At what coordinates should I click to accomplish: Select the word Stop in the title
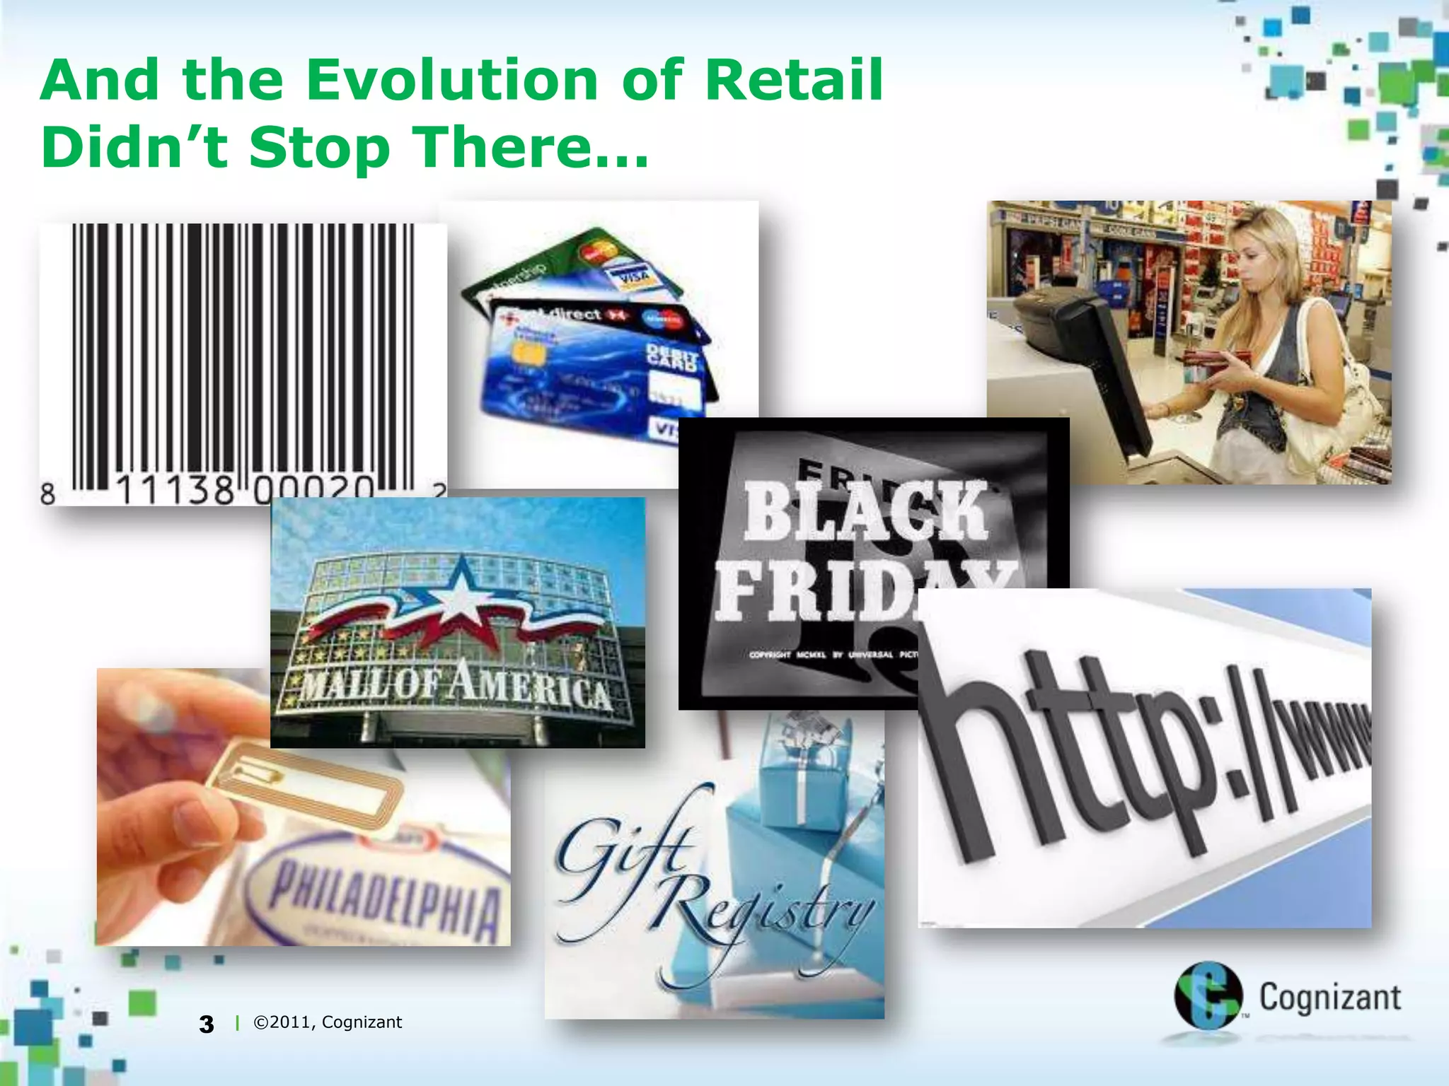coord(320,148)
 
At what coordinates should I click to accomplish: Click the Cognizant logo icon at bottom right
coord(1208,995)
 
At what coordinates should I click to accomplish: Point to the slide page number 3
coord(206,1024)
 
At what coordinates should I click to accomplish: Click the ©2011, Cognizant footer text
coord(328,1022)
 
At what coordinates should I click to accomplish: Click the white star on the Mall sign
coord(460,592)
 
